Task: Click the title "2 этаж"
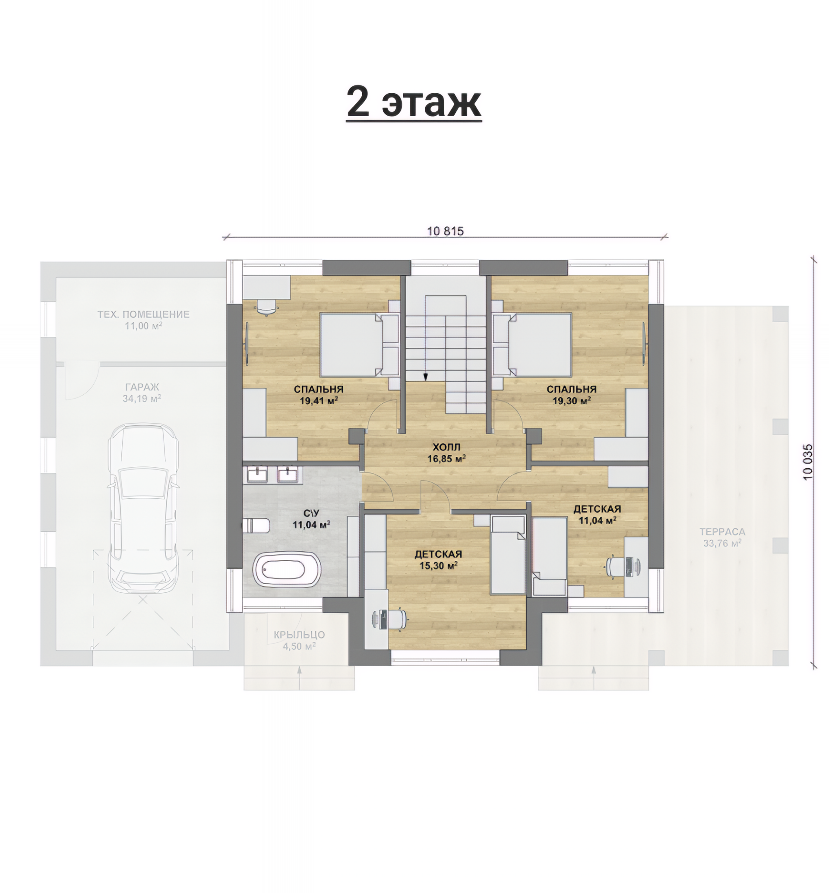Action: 414,103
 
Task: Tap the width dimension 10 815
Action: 446,231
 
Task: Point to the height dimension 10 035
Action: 807,462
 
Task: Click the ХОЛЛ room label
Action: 446,447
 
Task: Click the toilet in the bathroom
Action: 256,525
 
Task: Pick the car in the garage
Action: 143,508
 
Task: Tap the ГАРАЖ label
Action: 142,387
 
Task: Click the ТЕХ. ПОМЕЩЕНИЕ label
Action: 143,314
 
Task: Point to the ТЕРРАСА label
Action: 722,531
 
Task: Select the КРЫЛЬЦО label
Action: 299,635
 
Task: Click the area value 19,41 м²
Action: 319,401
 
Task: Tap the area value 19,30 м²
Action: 572,401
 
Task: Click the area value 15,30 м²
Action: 438,566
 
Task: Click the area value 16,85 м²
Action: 446,459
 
